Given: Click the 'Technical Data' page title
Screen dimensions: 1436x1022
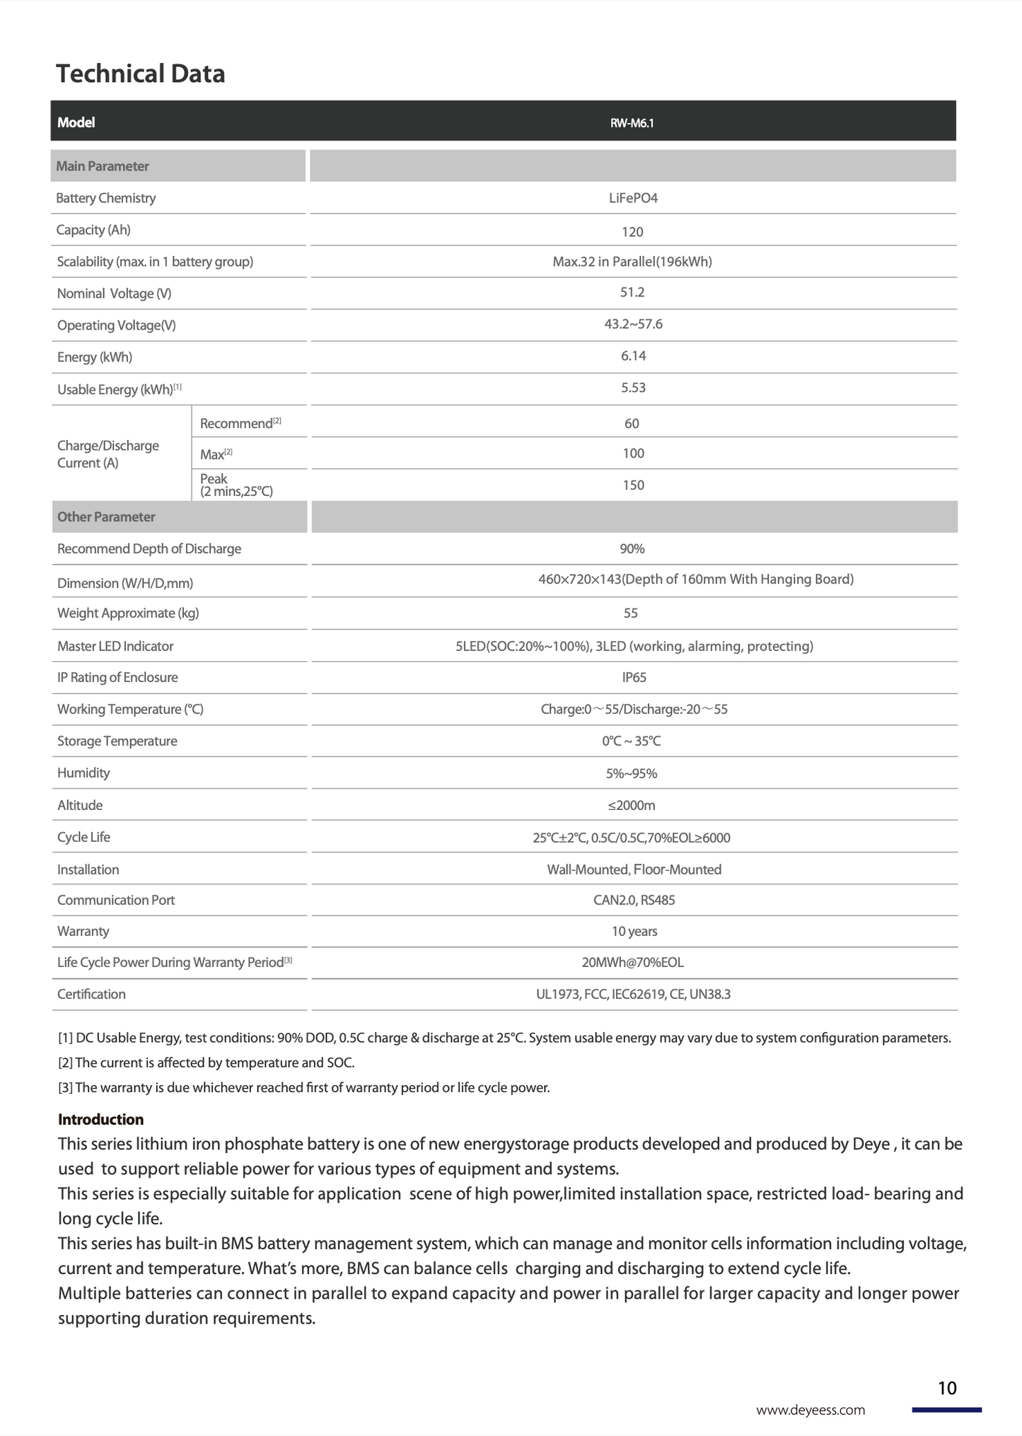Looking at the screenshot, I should (140, 74).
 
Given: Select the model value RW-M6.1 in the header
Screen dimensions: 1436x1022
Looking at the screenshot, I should (632, 123).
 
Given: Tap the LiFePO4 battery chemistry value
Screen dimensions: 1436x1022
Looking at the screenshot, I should (633, 198).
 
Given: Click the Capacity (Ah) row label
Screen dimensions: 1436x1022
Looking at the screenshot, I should (93, 230).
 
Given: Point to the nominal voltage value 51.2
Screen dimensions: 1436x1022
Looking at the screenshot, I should (632, 292).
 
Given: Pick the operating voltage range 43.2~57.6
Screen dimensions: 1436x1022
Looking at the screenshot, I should (633, 324).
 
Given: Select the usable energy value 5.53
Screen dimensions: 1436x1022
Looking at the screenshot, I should (633, 388).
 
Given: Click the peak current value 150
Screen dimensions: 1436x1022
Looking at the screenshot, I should (633, 485).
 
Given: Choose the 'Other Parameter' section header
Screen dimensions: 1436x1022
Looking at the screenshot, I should (106, 517).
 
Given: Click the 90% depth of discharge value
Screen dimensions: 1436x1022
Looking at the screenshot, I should (632, 549).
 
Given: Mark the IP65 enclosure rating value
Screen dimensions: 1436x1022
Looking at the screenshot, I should (634, 678).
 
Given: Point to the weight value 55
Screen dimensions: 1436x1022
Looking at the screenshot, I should (631, 613).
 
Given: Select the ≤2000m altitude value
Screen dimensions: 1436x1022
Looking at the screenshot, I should (632, 806).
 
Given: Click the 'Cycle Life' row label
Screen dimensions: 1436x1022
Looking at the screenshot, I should (83, 838).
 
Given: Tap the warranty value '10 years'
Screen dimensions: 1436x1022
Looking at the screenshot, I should (634, 932).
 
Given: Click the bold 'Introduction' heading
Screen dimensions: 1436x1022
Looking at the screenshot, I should (100, 1120).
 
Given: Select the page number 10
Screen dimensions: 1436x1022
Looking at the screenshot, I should (947, 1388).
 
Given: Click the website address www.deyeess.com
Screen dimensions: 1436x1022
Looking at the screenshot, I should (811, 1410).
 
